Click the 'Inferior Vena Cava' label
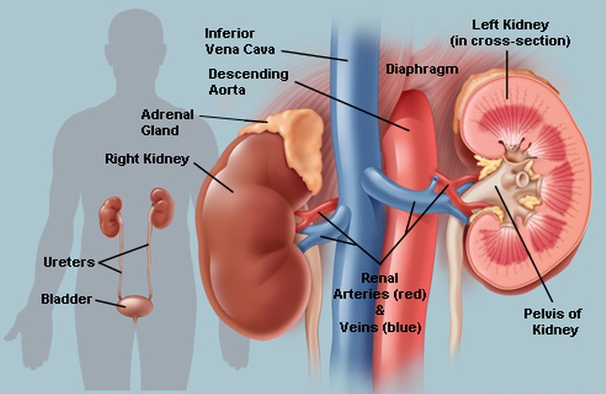239,41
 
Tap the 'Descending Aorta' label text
249,82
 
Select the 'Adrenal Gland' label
167,122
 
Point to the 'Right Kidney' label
147,159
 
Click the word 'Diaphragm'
422,69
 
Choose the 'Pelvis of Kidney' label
553,322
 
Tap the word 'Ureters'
69,262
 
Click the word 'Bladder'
67,299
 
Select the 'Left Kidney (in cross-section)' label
510,33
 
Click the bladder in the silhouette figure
135,306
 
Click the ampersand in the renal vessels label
380,311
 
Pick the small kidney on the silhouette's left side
111,217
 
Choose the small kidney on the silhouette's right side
162,207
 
